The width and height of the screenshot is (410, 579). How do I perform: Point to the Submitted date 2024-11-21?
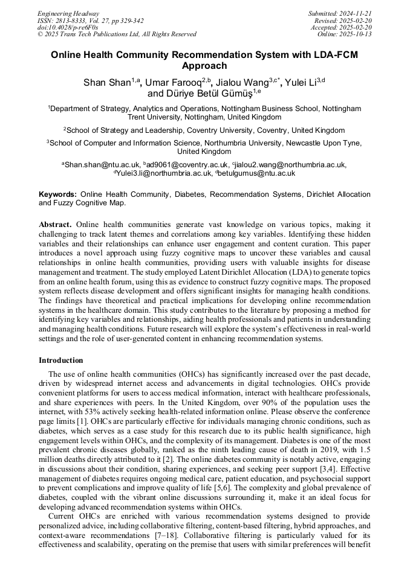pyautogui.click(x=356, y=13)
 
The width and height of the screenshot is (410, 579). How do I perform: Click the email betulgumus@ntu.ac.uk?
pyautogui.click(x=257, y=173)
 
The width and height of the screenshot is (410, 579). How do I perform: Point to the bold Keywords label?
pyautogui.click(x=57, y=194)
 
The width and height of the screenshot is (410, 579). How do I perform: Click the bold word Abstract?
pyautogui.click(x=54, y=225)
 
